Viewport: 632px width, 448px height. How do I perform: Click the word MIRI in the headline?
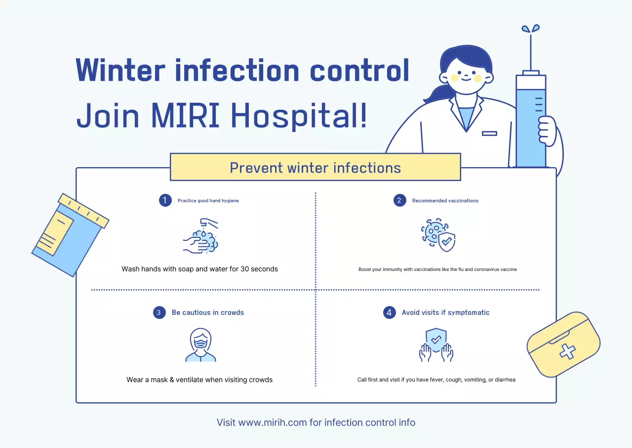click(185, 115)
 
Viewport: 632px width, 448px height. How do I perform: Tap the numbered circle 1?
click(165, 200)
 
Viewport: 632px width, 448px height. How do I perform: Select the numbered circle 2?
click(399, 200)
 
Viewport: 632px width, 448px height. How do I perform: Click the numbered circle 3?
click(159, 313)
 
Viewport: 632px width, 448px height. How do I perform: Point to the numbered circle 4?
click(390, 313)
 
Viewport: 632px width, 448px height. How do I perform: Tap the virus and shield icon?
click(438, 235)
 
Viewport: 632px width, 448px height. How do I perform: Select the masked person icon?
click(200, 345)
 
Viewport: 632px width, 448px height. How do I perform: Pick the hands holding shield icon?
click(436, 345)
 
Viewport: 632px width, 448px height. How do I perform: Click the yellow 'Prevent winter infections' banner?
click(316, 167)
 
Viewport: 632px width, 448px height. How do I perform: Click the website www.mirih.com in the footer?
click(273, 422)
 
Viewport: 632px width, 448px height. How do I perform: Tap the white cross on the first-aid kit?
click(567, 352)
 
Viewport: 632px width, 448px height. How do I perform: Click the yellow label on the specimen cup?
click(55, 233)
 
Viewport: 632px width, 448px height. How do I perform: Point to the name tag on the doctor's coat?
click(489, 134)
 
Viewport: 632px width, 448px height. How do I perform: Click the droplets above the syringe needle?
click(531, 29)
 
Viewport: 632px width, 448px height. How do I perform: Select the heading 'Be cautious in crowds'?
click(208, 313)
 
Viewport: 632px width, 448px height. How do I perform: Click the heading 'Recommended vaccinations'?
click(445, 201)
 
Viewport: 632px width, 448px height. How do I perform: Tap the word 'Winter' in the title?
click(120, 70)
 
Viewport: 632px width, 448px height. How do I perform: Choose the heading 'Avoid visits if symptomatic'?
click(445, 313)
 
